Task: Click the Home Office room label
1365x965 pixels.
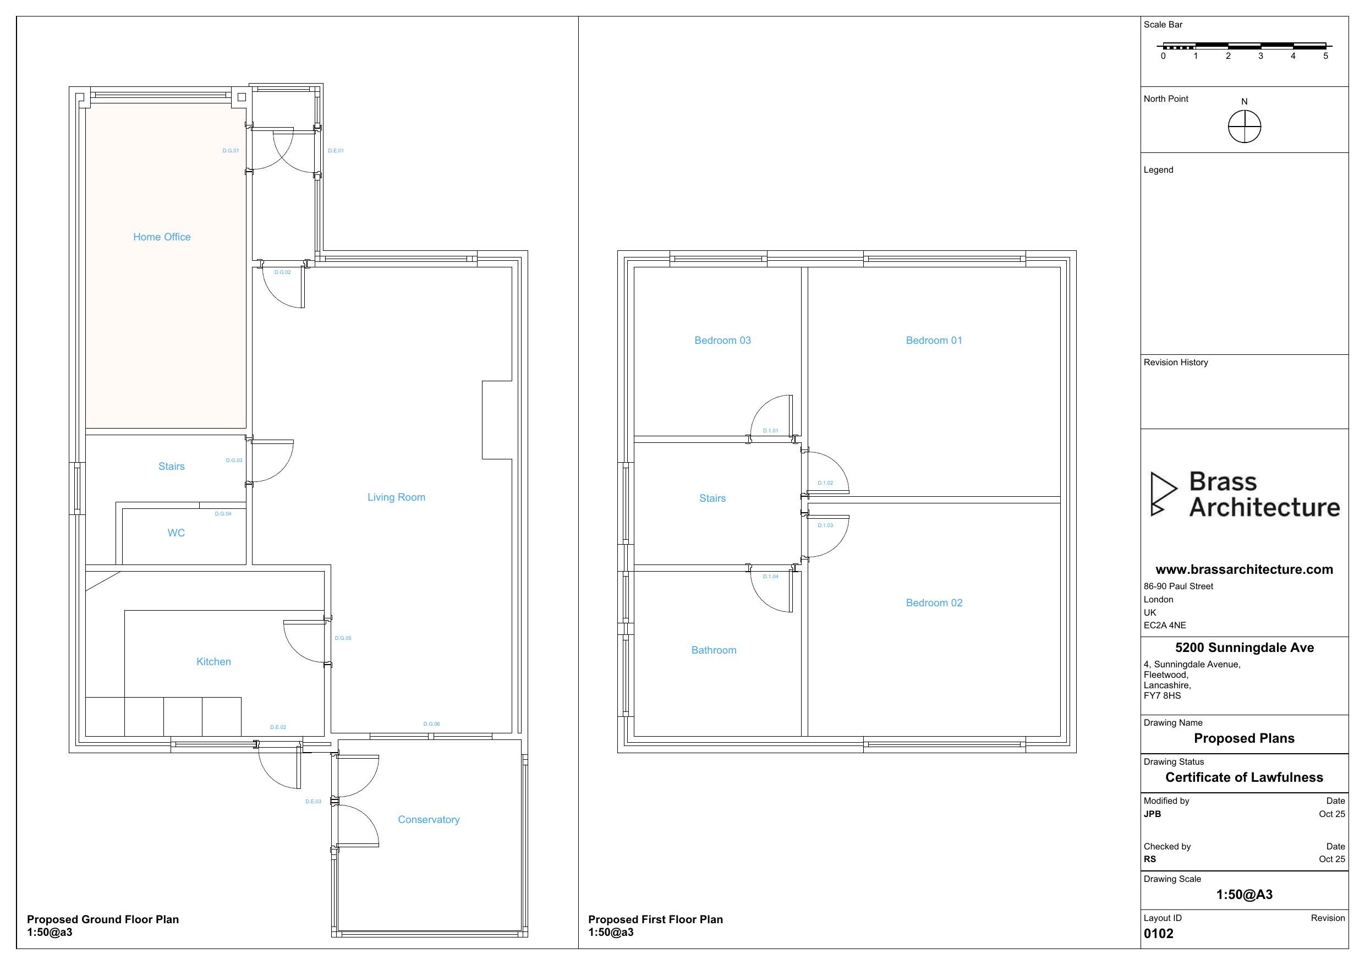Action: pos(162,237)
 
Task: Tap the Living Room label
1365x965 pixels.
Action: pos(396,497)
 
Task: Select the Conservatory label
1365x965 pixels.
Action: pos(429,819)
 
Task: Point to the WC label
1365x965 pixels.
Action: pos(176,533)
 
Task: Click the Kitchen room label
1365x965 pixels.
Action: pos(213,661)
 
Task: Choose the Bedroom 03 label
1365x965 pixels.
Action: pos(722,340)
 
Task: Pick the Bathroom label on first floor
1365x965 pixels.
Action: pos(714,650)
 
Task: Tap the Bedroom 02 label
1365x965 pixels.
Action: pos(934,602)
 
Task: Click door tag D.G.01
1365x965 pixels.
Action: pos(231,150)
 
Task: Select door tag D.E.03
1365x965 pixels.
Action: pos(313,802)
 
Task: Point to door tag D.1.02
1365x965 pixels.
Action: pos(825,483)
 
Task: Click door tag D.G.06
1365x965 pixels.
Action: pos(431,723)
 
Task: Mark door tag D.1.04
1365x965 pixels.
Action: pos(770,576)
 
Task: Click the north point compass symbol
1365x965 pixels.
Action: pos(1245,127)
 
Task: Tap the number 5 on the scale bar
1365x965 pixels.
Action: pos(1325,56)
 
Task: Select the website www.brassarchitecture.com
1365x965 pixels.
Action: pos(1245,569)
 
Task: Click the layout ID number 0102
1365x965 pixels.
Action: pos(1158,933)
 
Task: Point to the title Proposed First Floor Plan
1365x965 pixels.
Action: pos(655,919)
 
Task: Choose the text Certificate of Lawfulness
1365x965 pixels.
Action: pos(1245,777)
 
